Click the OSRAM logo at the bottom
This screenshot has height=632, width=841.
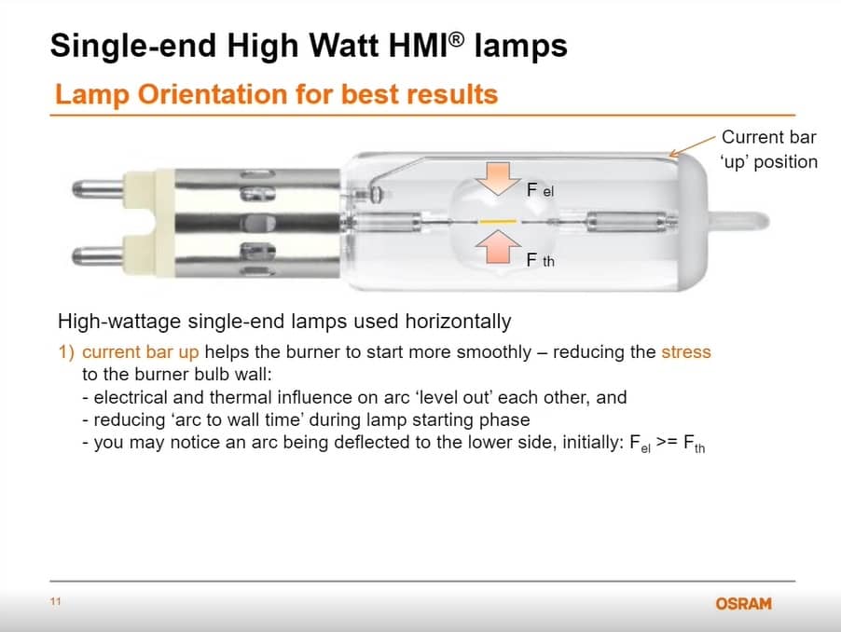(x=743, y=604)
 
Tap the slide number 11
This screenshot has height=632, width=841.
(x=56, y=601)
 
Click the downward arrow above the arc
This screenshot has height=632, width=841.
(x=498, y=178)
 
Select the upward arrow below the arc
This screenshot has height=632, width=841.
(x=498, y=247)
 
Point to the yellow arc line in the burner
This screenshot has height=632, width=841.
(x=498, y=221)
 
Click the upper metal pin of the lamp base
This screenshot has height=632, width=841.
(x=98, y=189)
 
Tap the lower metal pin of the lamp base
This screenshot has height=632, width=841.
(x=98, y=255)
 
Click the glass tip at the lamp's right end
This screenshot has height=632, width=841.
(x=739, y=221)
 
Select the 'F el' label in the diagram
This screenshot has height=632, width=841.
(x=540, y=190)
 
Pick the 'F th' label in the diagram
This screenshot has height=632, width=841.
(x=540, y=260)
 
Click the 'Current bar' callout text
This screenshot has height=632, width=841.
(x=768, y=137)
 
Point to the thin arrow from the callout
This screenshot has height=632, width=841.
(x=693, y=145)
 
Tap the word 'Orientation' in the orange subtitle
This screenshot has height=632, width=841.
(x=213, y=94)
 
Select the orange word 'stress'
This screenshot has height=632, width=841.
(x=686, y=352)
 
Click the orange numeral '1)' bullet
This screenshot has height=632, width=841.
(x=66, y=352)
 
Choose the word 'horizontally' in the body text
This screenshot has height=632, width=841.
(x=458, y=322)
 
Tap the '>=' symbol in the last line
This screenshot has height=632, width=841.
(x=668, y=442)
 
